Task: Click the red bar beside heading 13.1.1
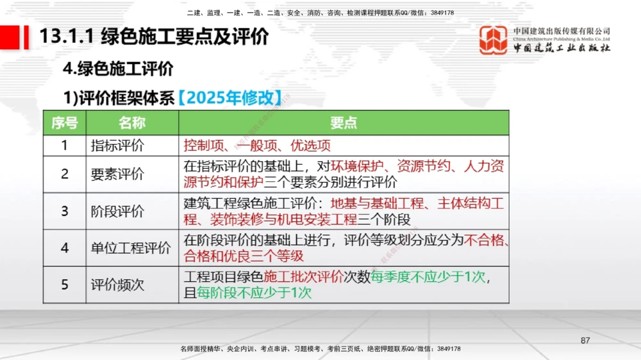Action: tap(26, 37)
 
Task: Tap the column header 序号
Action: tap(64, 123)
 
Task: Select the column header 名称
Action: tap(132, 123)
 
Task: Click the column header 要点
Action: tap(344, 123)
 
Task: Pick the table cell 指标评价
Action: tap(117, 145)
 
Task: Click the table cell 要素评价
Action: tap(117, 174)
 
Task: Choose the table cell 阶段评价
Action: tap(117, 211)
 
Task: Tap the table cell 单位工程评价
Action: tap(131, 248)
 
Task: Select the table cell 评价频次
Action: tap(117, 284)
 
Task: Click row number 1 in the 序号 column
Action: tap(64, 145)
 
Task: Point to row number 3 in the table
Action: tap(64, 211)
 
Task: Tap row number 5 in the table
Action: tap(64, 284)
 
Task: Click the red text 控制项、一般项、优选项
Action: tap(257, 145)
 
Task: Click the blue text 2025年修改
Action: tap(229, 98)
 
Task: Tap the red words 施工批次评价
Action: tap(303, 277)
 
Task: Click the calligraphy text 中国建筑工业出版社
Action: tap(562, 48)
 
